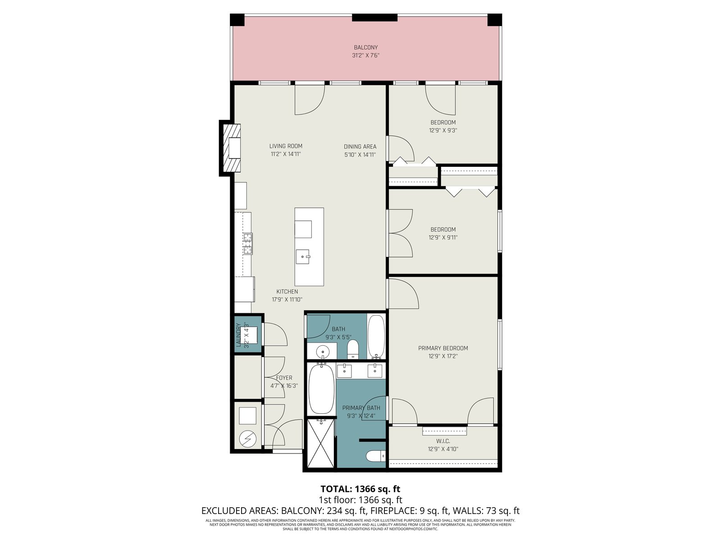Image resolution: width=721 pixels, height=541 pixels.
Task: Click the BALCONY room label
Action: [x=365, y=48]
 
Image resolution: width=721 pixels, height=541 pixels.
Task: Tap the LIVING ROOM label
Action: [x=286, y=146]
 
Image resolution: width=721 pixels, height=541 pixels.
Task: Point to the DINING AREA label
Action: [x=360, y=147]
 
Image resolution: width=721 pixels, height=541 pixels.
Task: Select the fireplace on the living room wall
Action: [x=230, y=148]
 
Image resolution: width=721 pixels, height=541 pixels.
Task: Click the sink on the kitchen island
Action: [x=303, y=257]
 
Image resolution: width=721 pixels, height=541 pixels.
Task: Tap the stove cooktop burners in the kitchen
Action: [x=248, y=243]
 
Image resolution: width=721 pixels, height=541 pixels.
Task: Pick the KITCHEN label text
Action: [x=287, y=292]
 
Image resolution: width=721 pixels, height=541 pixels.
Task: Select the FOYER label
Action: [x=284, y=378]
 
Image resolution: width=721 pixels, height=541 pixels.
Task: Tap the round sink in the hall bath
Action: [x=322, y=352]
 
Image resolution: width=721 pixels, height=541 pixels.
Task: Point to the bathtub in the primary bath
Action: [x=322, y=389]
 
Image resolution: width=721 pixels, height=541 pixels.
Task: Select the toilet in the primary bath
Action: [x=376, y=456]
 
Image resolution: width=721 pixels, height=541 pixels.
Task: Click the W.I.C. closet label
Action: [x=443, y=441]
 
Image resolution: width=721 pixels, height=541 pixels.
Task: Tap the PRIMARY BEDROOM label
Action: [x=443, y=348]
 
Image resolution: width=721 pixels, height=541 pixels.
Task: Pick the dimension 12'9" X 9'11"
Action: [x=443, y=238]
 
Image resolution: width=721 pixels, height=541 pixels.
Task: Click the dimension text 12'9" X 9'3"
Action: [x=443, y=130]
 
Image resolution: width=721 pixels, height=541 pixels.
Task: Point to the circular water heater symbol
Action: [x=247, y=439]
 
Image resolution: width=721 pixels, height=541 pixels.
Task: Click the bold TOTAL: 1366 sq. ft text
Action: [x=360, y=489]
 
